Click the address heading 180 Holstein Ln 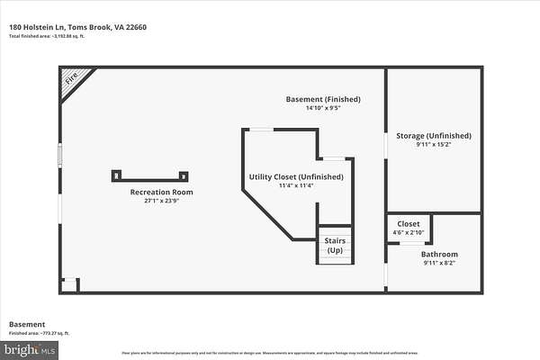click(77, 27)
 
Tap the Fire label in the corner click(71, 78)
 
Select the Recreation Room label click(162, 192)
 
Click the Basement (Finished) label click(323, 98)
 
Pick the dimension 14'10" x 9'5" click(323, 108)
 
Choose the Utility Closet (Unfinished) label click(296, 176)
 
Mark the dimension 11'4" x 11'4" click(296, 186)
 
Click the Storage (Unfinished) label click(434, 136)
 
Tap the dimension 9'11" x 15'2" click(434, 145)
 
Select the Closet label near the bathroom click(409, 223)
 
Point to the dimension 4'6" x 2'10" click(409, 232)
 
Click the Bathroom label click(439, 254)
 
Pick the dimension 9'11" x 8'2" click(439, 264)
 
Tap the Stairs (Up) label click(335, 245)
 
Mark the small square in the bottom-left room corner click(70, 284)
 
